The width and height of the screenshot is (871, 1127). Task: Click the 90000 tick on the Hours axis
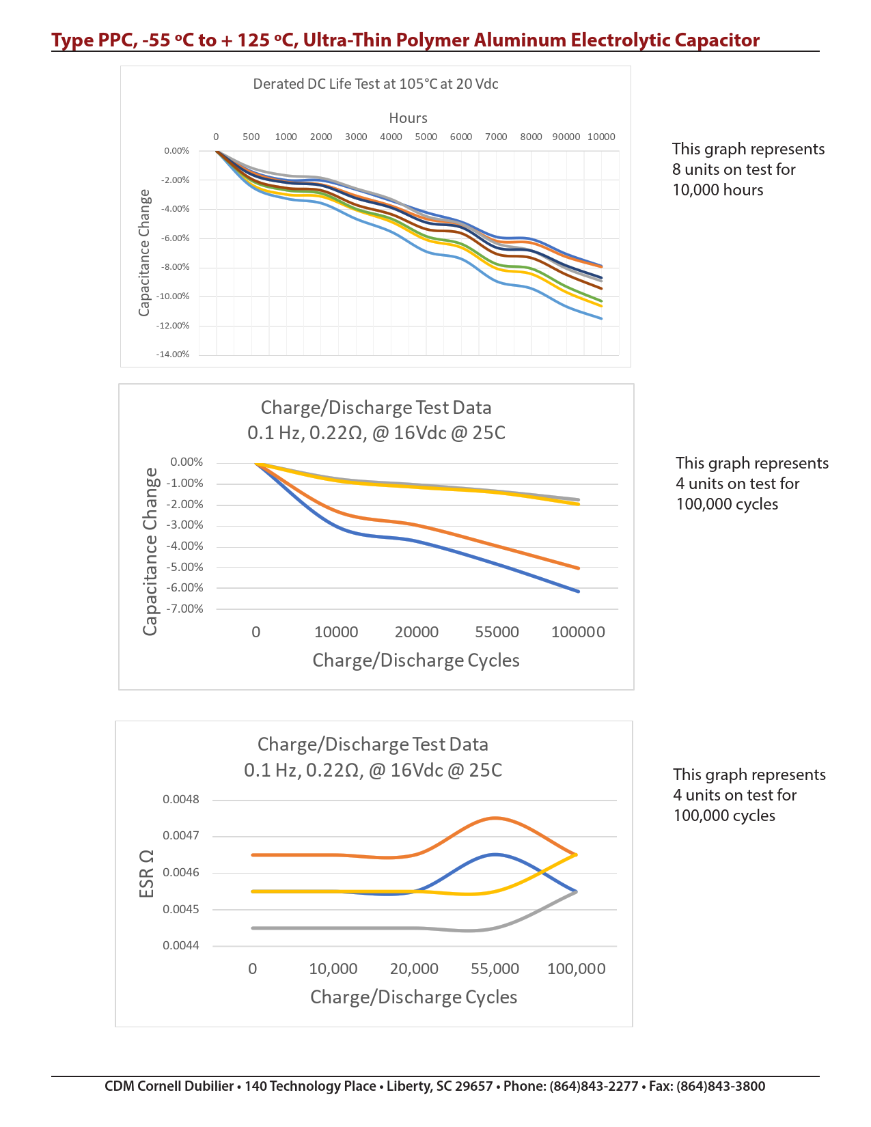[x=566, y=137]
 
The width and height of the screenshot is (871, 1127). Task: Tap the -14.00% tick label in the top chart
[x=173, y=354]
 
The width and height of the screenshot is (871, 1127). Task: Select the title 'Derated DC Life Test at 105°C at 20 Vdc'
[x=376, y=84]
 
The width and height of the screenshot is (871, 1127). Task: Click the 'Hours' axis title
[x=409, y=118]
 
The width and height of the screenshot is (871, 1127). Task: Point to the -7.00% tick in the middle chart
[x=186, y=609]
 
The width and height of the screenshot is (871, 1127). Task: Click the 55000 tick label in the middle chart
[x=497, y=632]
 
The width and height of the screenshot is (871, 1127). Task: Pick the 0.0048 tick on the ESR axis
[x=181, y=799]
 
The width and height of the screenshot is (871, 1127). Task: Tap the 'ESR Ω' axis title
[x=146, y=874]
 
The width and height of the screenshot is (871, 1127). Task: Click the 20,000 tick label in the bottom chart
[x=414, y=969]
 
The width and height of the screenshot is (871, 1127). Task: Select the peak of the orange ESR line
[x=495, y=818]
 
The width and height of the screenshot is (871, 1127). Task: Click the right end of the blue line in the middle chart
[x=579, y=591]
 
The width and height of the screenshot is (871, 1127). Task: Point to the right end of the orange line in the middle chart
[x=579, y=568]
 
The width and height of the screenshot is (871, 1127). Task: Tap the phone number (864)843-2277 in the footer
[x=594, y=1086]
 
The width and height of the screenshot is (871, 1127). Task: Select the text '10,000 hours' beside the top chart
[x=718, y=190]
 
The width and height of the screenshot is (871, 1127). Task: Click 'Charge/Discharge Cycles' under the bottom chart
[x=413, y=997]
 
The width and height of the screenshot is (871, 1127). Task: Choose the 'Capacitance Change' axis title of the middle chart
[x=150, y=551]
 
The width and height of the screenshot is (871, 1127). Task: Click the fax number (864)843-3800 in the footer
[x=721, y=1086]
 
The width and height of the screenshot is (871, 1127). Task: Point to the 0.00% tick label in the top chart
[x=177, y=151]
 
